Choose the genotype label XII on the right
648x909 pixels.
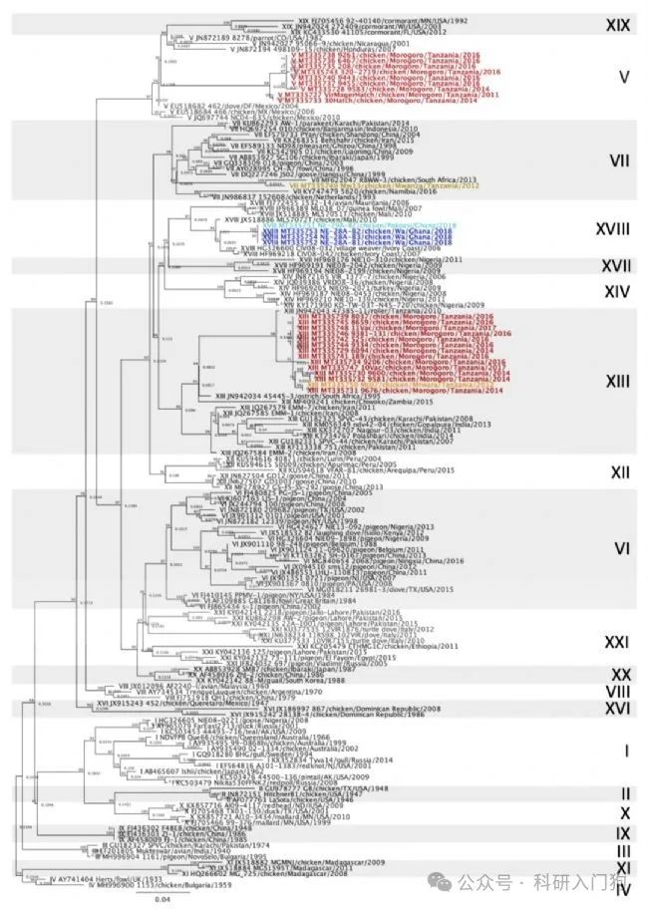(620, 470)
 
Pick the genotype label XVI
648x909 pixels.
(619, 707)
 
